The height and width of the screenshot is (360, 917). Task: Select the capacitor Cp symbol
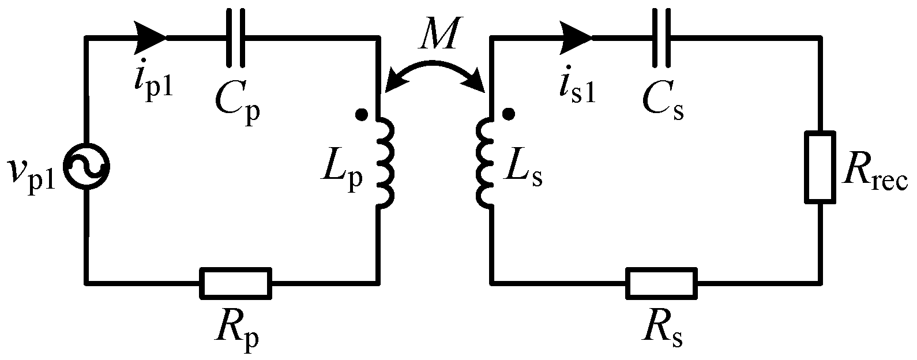click(235, 38)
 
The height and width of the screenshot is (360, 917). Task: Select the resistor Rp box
click(235, 283)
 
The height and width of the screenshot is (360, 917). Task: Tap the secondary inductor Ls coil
click(483, 163)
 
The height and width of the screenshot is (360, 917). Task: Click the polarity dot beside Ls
click(508, 115)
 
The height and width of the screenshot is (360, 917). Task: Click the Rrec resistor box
click(819, 167)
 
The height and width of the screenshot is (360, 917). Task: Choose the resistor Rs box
click(662, 283)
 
